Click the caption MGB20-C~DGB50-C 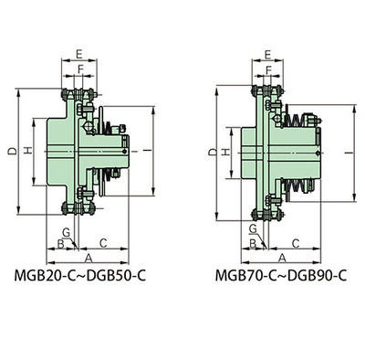coord(80,276)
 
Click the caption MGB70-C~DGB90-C coord(281,276)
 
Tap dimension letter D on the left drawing coord(13,151)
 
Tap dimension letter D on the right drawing coord(214,153)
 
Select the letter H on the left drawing coord(28,150)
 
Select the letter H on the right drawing coord(226,153)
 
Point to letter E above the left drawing coord(79,54)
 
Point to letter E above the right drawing coord(268,55)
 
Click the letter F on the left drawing coord(80,69)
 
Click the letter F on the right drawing coord(268,70)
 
